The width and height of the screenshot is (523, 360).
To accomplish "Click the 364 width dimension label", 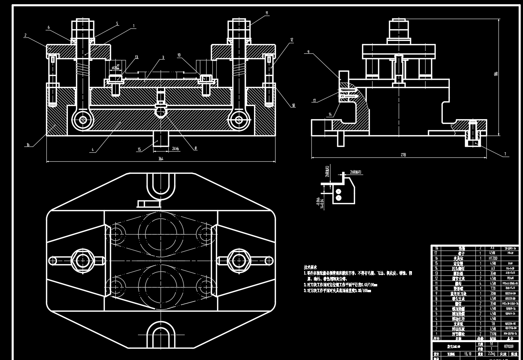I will tap(161, 159).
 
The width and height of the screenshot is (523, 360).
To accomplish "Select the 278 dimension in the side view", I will tap(403, 155).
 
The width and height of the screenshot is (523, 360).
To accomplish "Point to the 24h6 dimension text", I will tap(176, 148).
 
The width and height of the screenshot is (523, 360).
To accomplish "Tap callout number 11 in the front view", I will tap(267, 13).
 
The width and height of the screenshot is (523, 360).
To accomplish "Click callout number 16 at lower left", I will tap(28, 145).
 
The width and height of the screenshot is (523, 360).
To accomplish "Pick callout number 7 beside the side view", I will tap(505, 154).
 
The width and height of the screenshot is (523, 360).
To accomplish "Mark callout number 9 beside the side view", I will tap(308, 52).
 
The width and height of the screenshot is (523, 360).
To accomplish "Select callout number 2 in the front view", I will tap(25, 35).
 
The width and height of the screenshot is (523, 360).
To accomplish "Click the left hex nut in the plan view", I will tap(82, 260).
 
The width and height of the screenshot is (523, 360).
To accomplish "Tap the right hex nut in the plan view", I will tap(239, 260).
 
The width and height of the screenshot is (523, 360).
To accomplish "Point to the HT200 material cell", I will tap(493, 258).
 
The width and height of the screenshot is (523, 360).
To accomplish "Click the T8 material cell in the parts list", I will tap(493, 323).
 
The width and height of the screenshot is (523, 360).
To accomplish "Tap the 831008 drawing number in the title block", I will tap(508, 346).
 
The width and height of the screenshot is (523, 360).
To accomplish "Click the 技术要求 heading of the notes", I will tap(310, 267).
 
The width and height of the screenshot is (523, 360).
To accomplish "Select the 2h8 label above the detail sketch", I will tap(355, 172).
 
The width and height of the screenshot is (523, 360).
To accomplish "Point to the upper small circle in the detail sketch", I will tap(338, 191).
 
